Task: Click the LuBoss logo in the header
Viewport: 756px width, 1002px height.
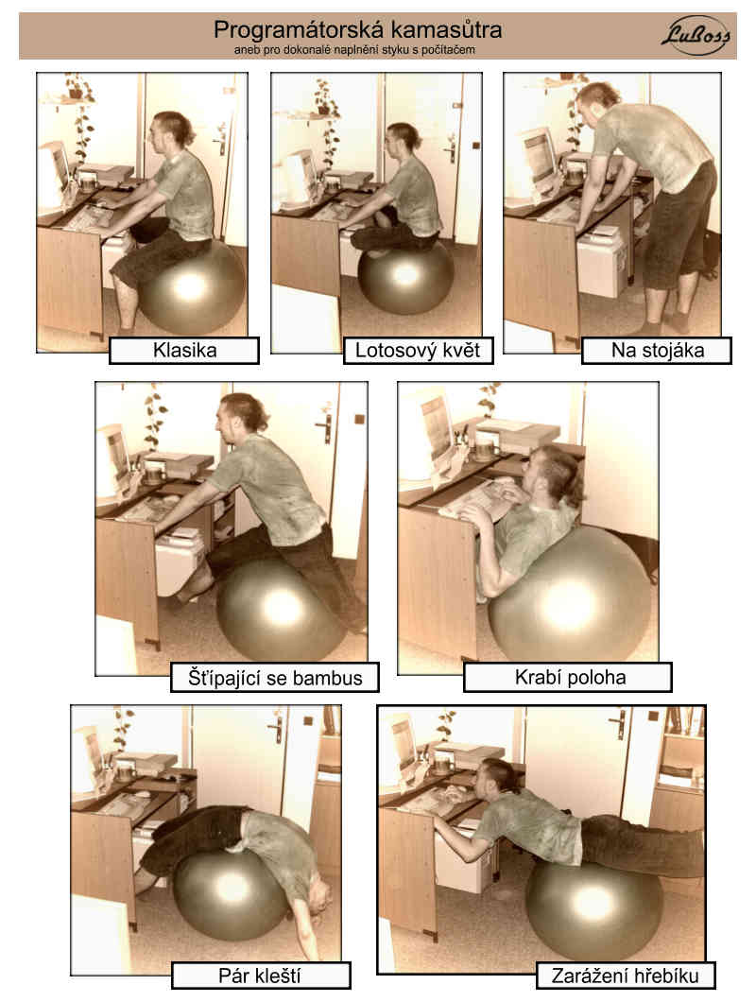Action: click(696, 35)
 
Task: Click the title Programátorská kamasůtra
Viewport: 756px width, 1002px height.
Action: click(357, 29)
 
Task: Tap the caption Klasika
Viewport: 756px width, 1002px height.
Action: click(184, 350)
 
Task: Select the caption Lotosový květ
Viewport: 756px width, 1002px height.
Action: click(418, 350)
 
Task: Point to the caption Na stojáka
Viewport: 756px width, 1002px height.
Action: click(658, 350)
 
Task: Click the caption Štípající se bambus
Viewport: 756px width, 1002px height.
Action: click(275, 678)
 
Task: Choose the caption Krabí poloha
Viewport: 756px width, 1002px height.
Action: click(570, 678)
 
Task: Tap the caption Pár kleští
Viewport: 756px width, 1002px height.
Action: click(260, 976)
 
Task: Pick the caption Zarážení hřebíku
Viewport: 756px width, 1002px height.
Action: click(625, 976)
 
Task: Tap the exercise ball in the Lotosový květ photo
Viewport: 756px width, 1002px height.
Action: click(405, 276)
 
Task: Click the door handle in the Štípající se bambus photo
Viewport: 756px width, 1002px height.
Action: click(326, 424)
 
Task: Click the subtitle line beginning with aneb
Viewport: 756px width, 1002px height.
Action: click(354, 49)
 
